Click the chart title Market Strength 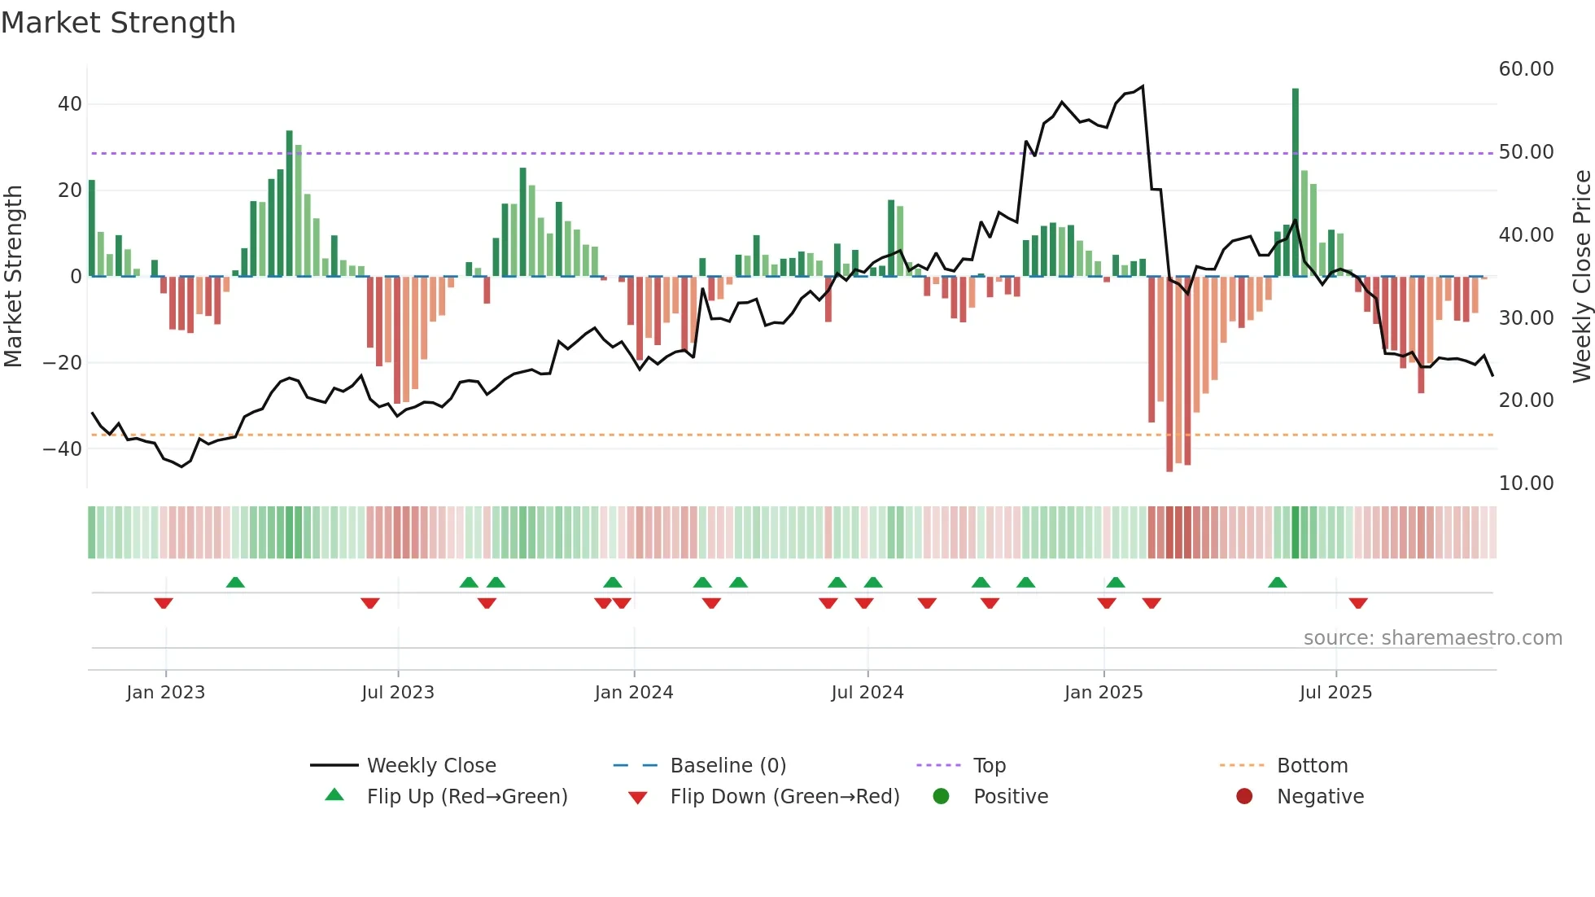(x=118, y=23)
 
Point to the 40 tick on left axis (x=70, y=104)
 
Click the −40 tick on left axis (x=63, y=448)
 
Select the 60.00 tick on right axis (x=1526, y=69)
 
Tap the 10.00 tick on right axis (x=1526, y=484)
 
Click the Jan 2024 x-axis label (x=634, y=693)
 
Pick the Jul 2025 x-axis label (x=1335, y=693)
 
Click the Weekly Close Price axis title (x=1581, y=277)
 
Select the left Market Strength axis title (x=14, y=277)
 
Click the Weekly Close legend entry (x=430, y=766)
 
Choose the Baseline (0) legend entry (x=728, y=766)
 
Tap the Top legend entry (x=989, y=766)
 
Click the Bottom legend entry (x=1312, y=766)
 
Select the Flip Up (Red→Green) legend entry (x=466, y=797)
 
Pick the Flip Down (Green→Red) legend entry (x=784, y=797)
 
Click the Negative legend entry (x=1319, y=797)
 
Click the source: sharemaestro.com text (x=1432, y=638)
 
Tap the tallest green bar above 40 (x=1296, y=163)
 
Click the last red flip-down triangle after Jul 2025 (x=1358, y=603)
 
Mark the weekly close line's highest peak (x=1143, y=86)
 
